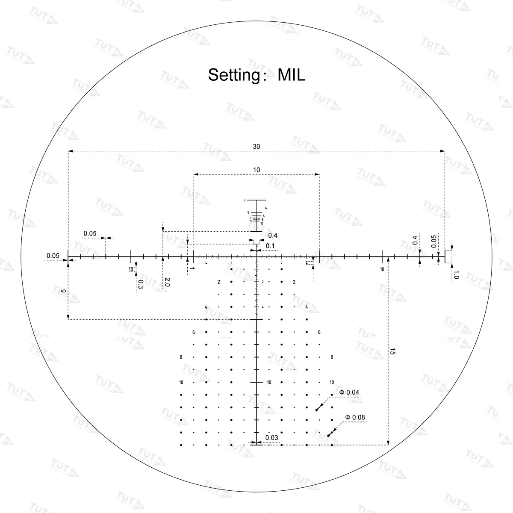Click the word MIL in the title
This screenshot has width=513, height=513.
tap(292, 75)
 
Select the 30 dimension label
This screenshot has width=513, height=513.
tap(256, 147)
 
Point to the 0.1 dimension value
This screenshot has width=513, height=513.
tap(270, 246)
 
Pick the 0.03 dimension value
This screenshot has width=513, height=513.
tap(271, 437)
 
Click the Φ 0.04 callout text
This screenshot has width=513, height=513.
tap(349, 392)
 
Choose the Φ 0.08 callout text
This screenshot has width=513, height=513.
tap(355, 417)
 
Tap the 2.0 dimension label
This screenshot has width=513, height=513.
tap(167, 282)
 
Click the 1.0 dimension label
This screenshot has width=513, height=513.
tap(456, 275)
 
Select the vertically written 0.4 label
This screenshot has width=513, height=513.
tap(415, 240)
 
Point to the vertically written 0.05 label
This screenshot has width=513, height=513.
tap(434, 242)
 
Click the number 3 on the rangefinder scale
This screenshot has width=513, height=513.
tap(245, 200)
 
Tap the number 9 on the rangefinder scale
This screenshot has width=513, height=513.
tap(251, 221)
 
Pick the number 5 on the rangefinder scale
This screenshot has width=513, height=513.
tap(248, 212)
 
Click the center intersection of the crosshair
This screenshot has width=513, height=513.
tap(256, 257)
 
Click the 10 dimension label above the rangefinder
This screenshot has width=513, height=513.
tap(256, 170)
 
